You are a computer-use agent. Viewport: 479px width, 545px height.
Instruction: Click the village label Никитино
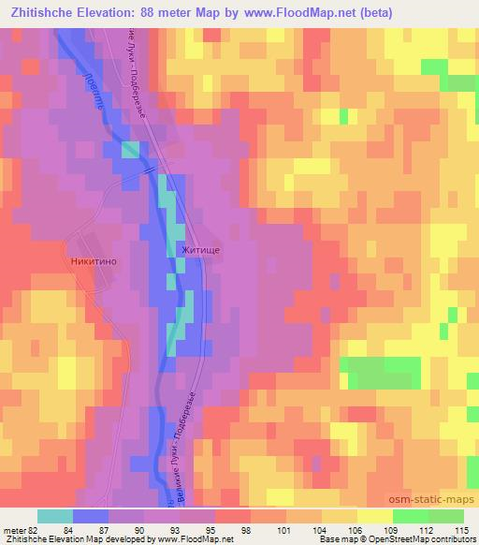point(90,263)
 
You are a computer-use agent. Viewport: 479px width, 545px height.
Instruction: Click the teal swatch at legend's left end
point(55,516)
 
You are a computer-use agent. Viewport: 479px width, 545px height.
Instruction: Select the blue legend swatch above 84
point(91,516)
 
